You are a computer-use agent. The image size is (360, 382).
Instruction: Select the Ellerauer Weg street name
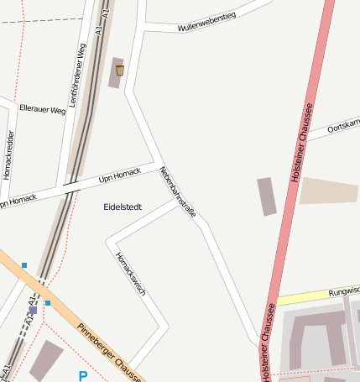(x=42, y=110)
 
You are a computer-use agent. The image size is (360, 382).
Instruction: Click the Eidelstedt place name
(x=123, y=207)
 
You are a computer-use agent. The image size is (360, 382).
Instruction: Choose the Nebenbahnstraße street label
(x=177, y=192)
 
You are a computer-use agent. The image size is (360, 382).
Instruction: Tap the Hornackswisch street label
(x=131, y=274)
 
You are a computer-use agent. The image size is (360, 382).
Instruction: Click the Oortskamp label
(x=343, y=126)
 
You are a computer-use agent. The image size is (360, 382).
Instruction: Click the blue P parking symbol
(x=82, y=376)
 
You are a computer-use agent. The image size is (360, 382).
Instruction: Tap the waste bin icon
(x=120, y=70)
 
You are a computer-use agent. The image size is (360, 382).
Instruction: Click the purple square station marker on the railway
(x=33, y=310)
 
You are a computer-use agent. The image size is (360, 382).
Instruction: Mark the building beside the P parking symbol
(x=46, y=358)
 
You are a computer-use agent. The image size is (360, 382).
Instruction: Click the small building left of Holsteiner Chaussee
(x=267, y=196)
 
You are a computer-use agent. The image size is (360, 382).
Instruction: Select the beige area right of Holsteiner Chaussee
(x=329, y=191)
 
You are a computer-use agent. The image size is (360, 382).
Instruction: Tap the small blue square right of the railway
(x=48, y=303)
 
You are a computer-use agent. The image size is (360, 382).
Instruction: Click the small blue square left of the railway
(x=24, y=265)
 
